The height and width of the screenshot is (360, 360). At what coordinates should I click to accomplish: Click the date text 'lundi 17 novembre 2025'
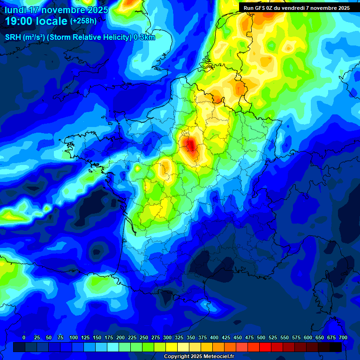56,9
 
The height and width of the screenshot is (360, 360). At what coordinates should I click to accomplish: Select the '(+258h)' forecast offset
83,21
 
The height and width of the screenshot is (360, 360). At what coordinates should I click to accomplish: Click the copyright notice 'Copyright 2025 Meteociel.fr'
199,356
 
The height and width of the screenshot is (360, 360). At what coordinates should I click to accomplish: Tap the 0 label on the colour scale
24,337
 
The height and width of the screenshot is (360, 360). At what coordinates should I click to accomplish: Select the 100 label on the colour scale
74,337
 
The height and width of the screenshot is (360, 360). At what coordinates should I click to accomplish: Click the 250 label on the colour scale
144,337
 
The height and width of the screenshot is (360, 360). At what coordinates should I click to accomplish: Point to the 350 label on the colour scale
191,337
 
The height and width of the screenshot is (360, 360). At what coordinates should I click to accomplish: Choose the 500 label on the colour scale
261,337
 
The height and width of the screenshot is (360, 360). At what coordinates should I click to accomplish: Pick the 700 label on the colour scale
343,337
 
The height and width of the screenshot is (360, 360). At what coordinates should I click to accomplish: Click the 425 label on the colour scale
226,337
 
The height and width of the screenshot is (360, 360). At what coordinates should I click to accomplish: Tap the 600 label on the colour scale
308,337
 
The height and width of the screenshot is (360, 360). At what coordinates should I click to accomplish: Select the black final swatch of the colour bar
336,347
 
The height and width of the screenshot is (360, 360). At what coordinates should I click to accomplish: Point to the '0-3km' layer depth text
144,37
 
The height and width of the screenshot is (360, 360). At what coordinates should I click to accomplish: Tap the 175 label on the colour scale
109,337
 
